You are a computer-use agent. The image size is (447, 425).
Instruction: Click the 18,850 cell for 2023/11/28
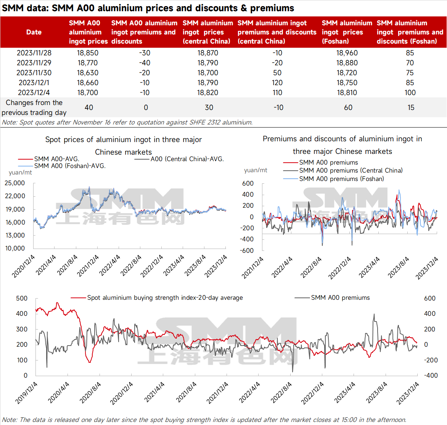(87, 53)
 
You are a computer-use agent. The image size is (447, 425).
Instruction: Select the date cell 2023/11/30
(34, 73)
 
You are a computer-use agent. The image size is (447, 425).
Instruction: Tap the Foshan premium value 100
(410, 92)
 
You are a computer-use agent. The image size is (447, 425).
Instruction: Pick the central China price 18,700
(208, 73)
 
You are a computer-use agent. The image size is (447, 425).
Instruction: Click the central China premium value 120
(277, 82)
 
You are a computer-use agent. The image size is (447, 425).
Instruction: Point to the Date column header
(34, 32)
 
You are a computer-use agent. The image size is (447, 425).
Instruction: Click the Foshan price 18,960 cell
(347, 53)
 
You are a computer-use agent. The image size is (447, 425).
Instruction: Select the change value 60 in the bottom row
(348, 107)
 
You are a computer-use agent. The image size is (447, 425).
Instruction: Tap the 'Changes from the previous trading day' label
(34, 107)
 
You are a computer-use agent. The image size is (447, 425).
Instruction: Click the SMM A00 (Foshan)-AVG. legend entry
(69, 166)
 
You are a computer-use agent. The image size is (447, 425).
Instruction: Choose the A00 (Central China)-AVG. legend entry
(187, 159)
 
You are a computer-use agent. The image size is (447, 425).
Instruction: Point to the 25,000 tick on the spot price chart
(15, 183)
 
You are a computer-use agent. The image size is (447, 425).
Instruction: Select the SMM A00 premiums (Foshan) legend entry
(341, 179)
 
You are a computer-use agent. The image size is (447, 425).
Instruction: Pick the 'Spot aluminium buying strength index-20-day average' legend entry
(165, 297)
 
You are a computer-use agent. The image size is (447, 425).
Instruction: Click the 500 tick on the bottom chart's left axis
(22, 298)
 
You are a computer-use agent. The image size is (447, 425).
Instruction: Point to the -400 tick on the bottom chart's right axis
(431, 375)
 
